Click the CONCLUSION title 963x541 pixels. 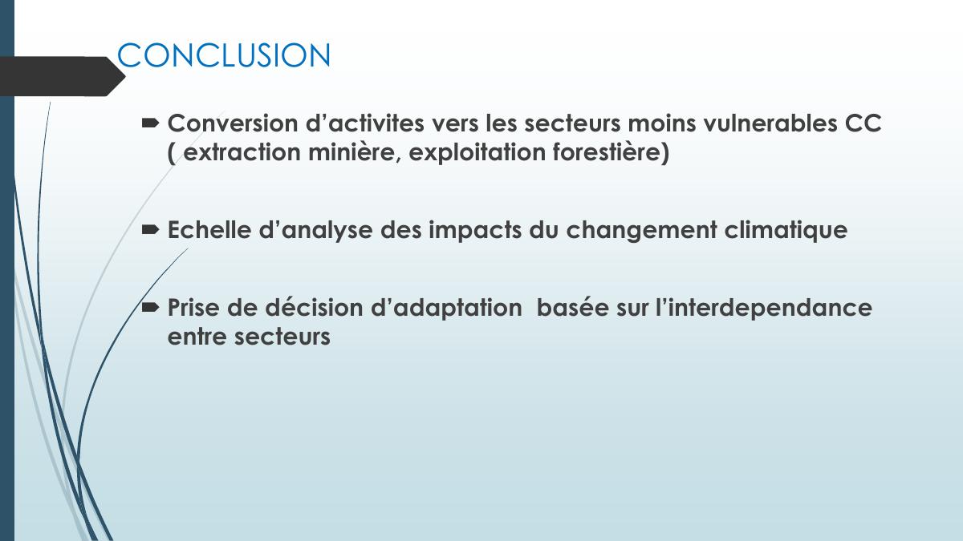coord(224,55)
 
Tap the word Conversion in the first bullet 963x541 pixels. coord(233,123)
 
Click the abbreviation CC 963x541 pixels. coord(863,123)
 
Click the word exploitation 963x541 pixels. coord(477,153)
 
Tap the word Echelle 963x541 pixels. coord(209,230)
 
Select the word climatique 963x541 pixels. coord(786,231)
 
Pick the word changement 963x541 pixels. coord(641,231)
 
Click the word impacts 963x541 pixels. coord(475,231)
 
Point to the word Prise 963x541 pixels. coord(193,308)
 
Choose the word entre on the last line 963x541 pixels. coord(197,337)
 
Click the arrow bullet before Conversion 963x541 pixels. coord(151,123)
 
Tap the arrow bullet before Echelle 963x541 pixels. coord(151,231)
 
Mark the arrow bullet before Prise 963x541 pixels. coord(151,308)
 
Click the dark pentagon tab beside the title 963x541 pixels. coord(63,76)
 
